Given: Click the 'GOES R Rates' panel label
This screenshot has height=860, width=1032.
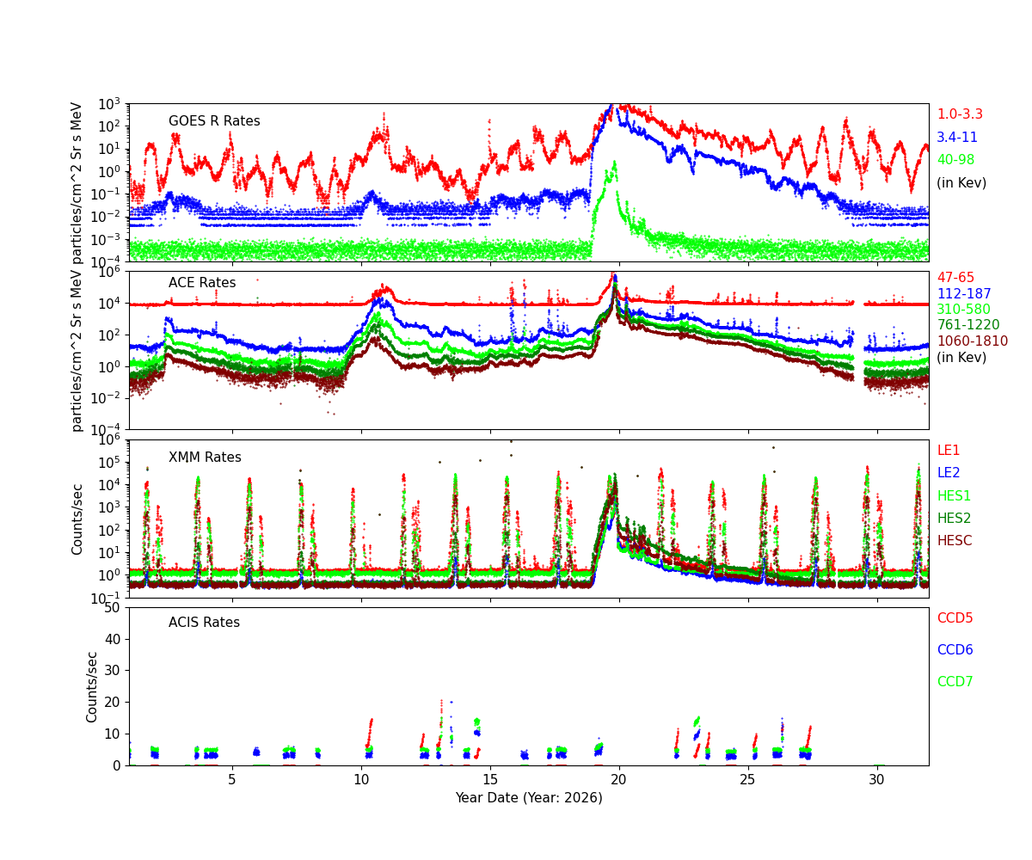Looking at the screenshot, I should click(214, 121).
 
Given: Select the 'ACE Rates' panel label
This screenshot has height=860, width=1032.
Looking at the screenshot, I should click(202, 283).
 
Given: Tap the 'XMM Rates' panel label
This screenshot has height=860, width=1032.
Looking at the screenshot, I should click(205, 458).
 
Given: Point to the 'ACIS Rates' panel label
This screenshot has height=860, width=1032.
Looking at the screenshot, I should click(204, 623).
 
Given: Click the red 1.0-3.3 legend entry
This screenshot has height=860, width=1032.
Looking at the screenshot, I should click(960, 114).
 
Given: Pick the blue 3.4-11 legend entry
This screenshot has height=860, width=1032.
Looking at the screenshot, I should click(957, 138).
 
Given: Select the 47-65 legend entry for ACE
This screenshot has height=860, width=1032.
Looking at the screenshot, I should click(956, 278).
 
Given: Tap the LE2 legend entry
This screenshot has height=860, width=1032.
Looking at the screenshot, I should click(949, 473).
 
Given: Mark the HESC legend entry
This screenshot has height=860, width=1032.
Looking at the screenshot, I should click(954, 541).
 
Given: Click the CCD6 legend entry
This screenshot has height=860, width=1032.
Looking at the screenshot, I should click(955, 650).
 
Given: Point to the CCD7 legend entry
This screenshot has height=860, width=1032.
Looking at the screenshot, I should click(955, 682).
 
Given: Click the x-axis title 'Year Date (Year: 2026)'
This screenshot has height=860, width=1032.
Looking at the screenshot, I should click(529, 798).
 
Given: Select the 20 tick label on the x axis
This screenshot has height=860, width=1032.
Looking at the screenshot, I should click(619, 779).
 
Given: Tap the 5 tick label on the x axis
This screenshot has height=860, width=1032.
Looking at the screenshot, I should click(232, 779).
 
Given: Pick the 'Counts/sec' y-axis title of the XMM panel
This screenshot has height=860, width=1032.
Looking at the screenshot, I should click(78, 519).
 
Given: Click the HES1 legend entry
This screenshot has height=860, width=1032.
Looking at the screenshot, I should click(954, 496).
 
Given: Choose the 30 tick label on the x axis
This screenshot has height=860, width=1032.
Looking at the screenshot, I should click(877, 779).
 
